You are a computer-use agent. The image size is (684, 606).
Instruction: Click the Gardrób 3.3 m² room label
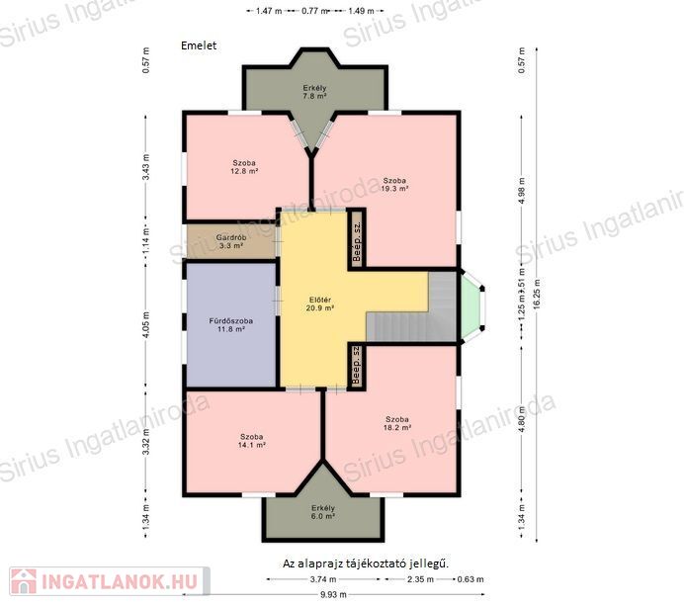[x=231, y=241]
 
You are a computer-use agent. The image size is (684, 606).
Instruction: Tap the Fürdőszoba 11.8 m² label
[x=231, y=325]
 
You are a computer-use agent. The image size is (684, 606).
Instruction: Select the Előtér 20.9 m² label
[x=320, y=304]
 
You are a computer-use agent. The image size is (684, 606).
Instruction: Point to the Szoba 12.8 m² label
[x=244, y=167]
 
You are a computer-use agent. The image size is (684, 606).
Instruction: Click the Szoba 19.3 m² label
[x=394, y=185]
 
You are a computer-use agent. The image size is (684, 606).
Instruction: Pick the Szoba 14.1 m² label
[x=252, y=441]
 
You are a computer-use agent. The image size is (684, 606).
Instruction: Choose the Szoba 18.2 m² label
[x=397, y=423]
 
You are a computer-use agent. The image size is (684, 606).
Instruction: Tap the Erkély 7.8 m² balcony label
[x=315, y=92]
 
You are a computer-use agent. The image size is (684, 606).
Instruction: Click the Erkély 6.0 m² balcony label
[x=323, y=512]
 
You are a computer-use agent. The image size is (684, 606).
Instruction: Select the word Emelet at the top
[x=199, y=45]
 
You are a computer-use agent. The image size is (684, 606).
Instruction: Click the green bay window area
[x=471, y=307]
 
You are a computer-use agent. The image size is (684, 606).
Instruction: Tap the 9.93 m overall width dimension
[x=333, y=594]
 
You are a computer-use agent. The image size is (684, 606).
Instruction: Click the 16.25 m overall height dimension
[x=537, y=294]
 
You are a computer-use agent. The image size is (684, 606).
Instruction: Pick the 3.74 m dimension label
[x=323, y=579]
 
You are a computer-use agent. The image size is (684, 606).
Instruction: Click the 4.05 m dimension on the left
[x=146, y=324]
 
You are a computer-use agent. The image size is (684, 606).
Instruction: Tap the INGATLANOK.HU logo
[x=109, y=581]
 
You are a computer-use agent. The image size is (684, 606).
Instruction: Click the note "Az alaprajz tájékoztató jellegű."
[x=366, y=563]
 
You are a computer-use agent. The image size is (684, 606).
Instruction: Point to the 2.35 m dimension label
[x=420, y=579]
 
